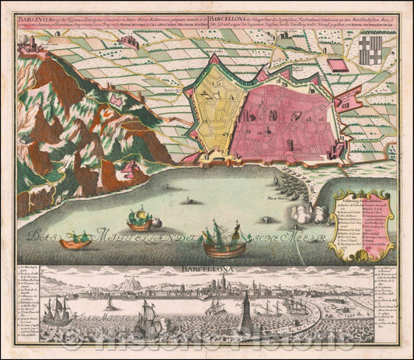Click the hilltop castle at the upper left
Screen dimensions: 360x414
click(35, 48)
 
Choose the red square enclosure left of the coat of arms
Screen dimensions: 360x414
click(336, 65)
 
